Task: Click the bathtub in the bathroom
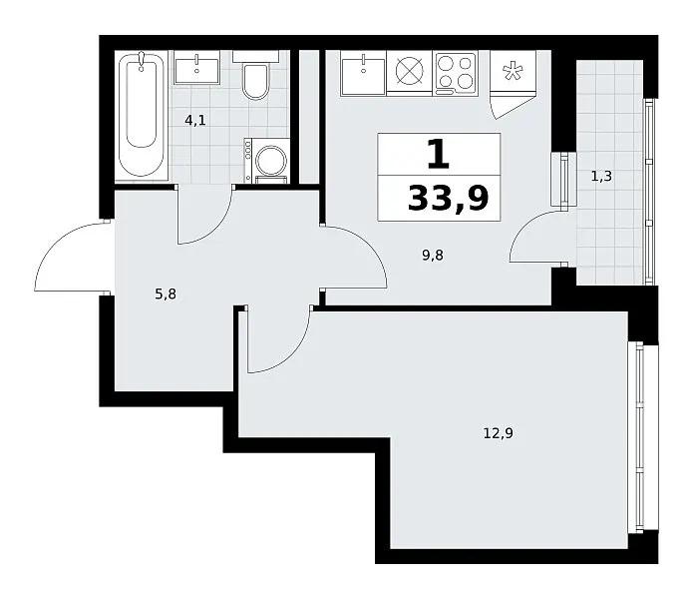142,116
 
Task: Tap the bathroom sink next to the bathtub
197,67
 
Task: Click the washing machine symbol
267,160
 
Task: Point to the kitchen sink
363,73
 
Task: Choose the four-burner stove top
456,73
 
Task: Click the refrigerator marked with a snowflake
514,84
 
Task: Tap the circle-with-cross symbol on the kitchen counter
409,71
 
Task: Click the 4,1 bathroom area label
195,120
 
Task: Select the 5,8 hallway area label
166,294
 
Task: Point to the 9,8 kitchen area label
433,256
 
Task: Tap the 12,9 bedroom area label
499,433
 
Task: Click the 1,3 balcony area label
601,177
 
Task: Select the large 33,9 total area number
448,199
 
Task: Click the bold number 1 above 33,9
439,154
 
